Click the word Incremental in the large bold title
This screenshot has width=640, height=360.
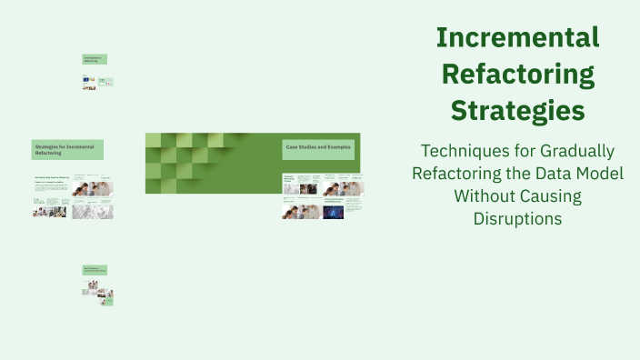pyautogui.click(x=516, y=37)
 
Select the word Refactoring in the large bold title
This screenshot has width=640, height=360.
pyautogui.click(x=516, y=74)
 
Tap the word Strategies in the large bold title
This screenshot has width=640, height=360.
pyautogui.click(x=516, y=111)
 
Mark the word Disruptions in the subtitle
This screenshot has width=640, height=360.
pyautogui.click(x=517, y=218)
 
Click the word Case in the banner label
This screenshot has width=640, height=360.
pyautogui.click(x=292, y=147)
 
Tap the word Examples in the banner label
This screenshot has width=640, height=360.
pyautogui.click(x=339, y=147)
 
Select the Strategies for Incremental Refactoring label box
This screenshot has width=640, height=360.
pyautogui.click(x=67, y=149)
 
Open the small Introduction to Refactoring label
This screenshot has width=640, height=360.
pyautogui.click(x=95, y=59)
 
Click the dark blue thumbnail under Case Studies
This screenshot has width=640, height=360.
pyautogui.click(x=333, y=212)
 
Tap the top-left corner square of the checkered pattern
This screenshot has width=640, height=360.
pyautogui.click(x=153, y=139)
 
